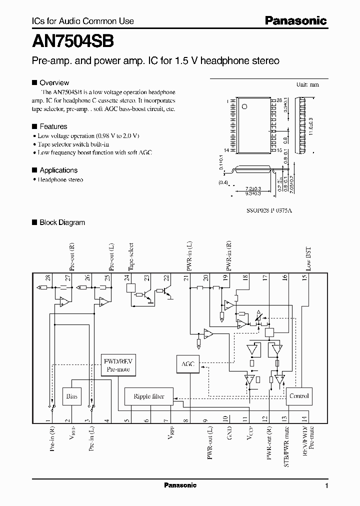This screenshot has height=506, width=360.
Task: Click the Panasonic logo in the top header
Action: [x=295, y=20]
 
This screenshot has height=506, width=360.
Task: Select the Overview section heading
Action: [x=54, y=82]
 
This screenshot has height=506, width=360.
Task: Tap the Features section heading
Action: [x=53, y=126]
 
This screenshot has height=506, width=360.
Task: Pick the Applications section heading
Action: [x=58, y=170]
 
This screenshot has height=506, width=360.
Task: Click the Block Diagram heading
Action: [x=62, y=222]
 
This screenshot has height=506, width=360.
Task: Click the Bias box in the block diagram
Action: [x=70, y=396]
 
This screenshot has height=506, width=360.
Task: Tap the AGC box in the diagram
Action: [x=188, y=364]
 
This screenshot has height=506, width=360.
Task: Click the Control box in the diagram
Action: [x=299, y=396]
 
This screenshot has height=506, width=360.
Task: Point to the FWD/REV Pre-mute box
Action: [x=118, y=365]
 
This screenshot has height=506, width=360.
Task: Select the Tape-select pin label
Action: [x=131, y=257]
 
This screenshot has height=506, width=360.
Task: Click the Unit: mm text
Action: [x=307, y=84]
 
